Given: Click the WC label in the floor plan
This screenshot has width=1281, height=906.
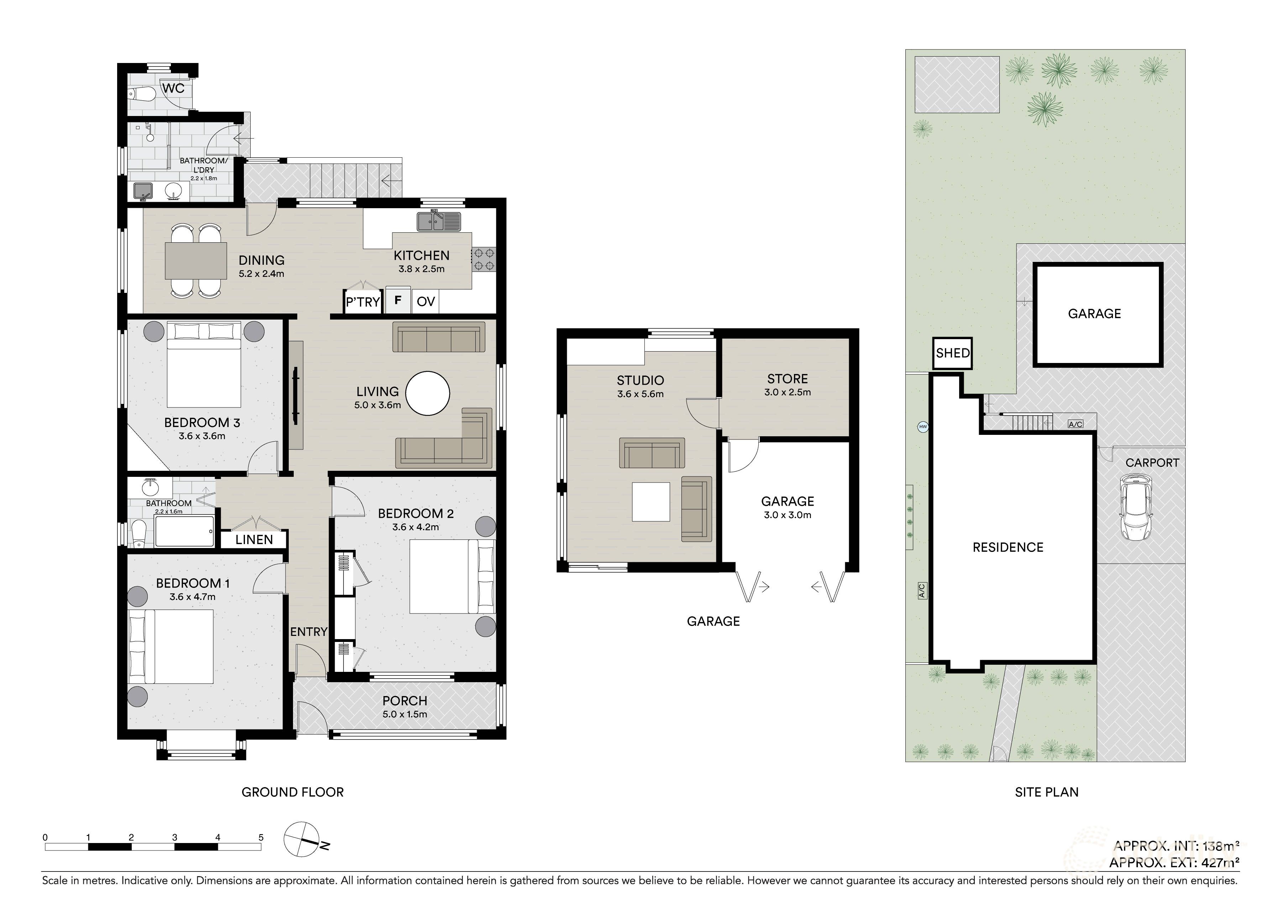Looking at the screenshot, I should tap(173, 88).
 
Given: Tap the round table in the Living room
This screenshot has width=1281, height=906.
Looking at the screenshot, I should tap(427, 394).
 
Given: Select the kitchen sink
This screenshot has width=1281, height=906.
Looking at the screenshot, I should tap(439, 221).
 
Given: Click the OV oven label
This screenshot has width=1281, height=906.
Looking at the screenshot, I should tap(425, 302).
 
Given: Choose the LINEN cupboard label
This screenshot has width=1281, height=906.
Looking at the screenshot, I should tap(254, 539).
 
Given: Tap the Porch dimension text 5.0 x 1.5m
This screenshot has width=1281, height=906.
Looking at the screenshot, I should tap(405, 714).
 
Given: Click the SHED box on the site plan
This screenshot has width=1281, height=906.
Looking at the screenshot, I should tap(953, 353).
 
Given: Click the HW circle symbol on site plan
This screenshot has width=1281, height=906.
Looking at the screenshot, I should tap(923, 427).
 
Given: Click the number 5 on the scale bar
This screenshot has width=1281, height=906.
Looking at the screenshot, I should tap(261, 837).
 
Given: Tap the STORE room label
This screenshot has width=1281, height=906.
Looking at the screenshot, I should tap(787, 379).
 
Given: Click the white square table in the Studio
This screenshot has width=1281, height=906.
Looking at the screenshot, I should tap(651, 501).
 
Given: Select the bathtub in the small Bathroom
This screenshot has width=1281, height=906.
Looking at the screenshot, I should tap(184, 531).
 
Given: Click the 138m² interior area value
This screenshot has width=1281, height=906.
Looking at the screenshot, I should tap(1221, 846).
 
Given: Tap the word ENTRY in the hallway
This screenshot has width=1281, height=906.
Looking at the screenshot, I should tap(308, 632).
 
